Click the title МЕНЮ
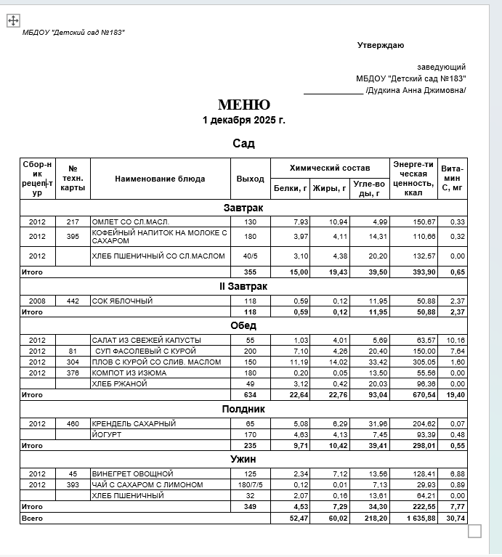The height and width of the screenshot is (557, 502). tap(244, 105)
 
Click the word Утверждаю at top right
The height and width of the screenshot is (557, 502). tap(380, 46)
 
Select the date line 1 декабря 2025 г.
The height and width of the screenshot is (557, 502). tap(244, 120)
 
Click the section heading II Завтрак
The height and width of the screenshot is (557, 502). tap(243, 287)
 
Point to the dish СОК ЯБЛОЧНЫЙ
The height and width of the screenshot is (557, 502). tap(122, 301)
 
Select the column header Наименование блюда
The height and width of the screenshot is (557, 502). tap(160, 179)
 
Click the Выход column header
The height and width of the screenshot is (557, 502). tap(251, 179)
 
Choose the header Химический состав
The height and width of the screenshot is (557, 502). tap(330, 168)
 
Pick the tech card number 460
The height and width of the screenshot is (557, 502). tap(73, 423)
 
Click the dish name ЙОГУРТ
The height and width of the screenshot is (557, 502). tap(106, 434)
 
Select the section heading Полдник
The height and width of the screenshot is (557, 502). tap(243, 410)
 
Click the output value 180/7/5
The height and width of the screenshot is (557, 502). tap(251, 484)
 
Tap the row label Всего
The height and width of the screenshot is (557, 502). tap(32, 519)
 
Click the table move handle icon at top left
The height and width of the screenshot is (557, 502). tap(13, 20)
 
